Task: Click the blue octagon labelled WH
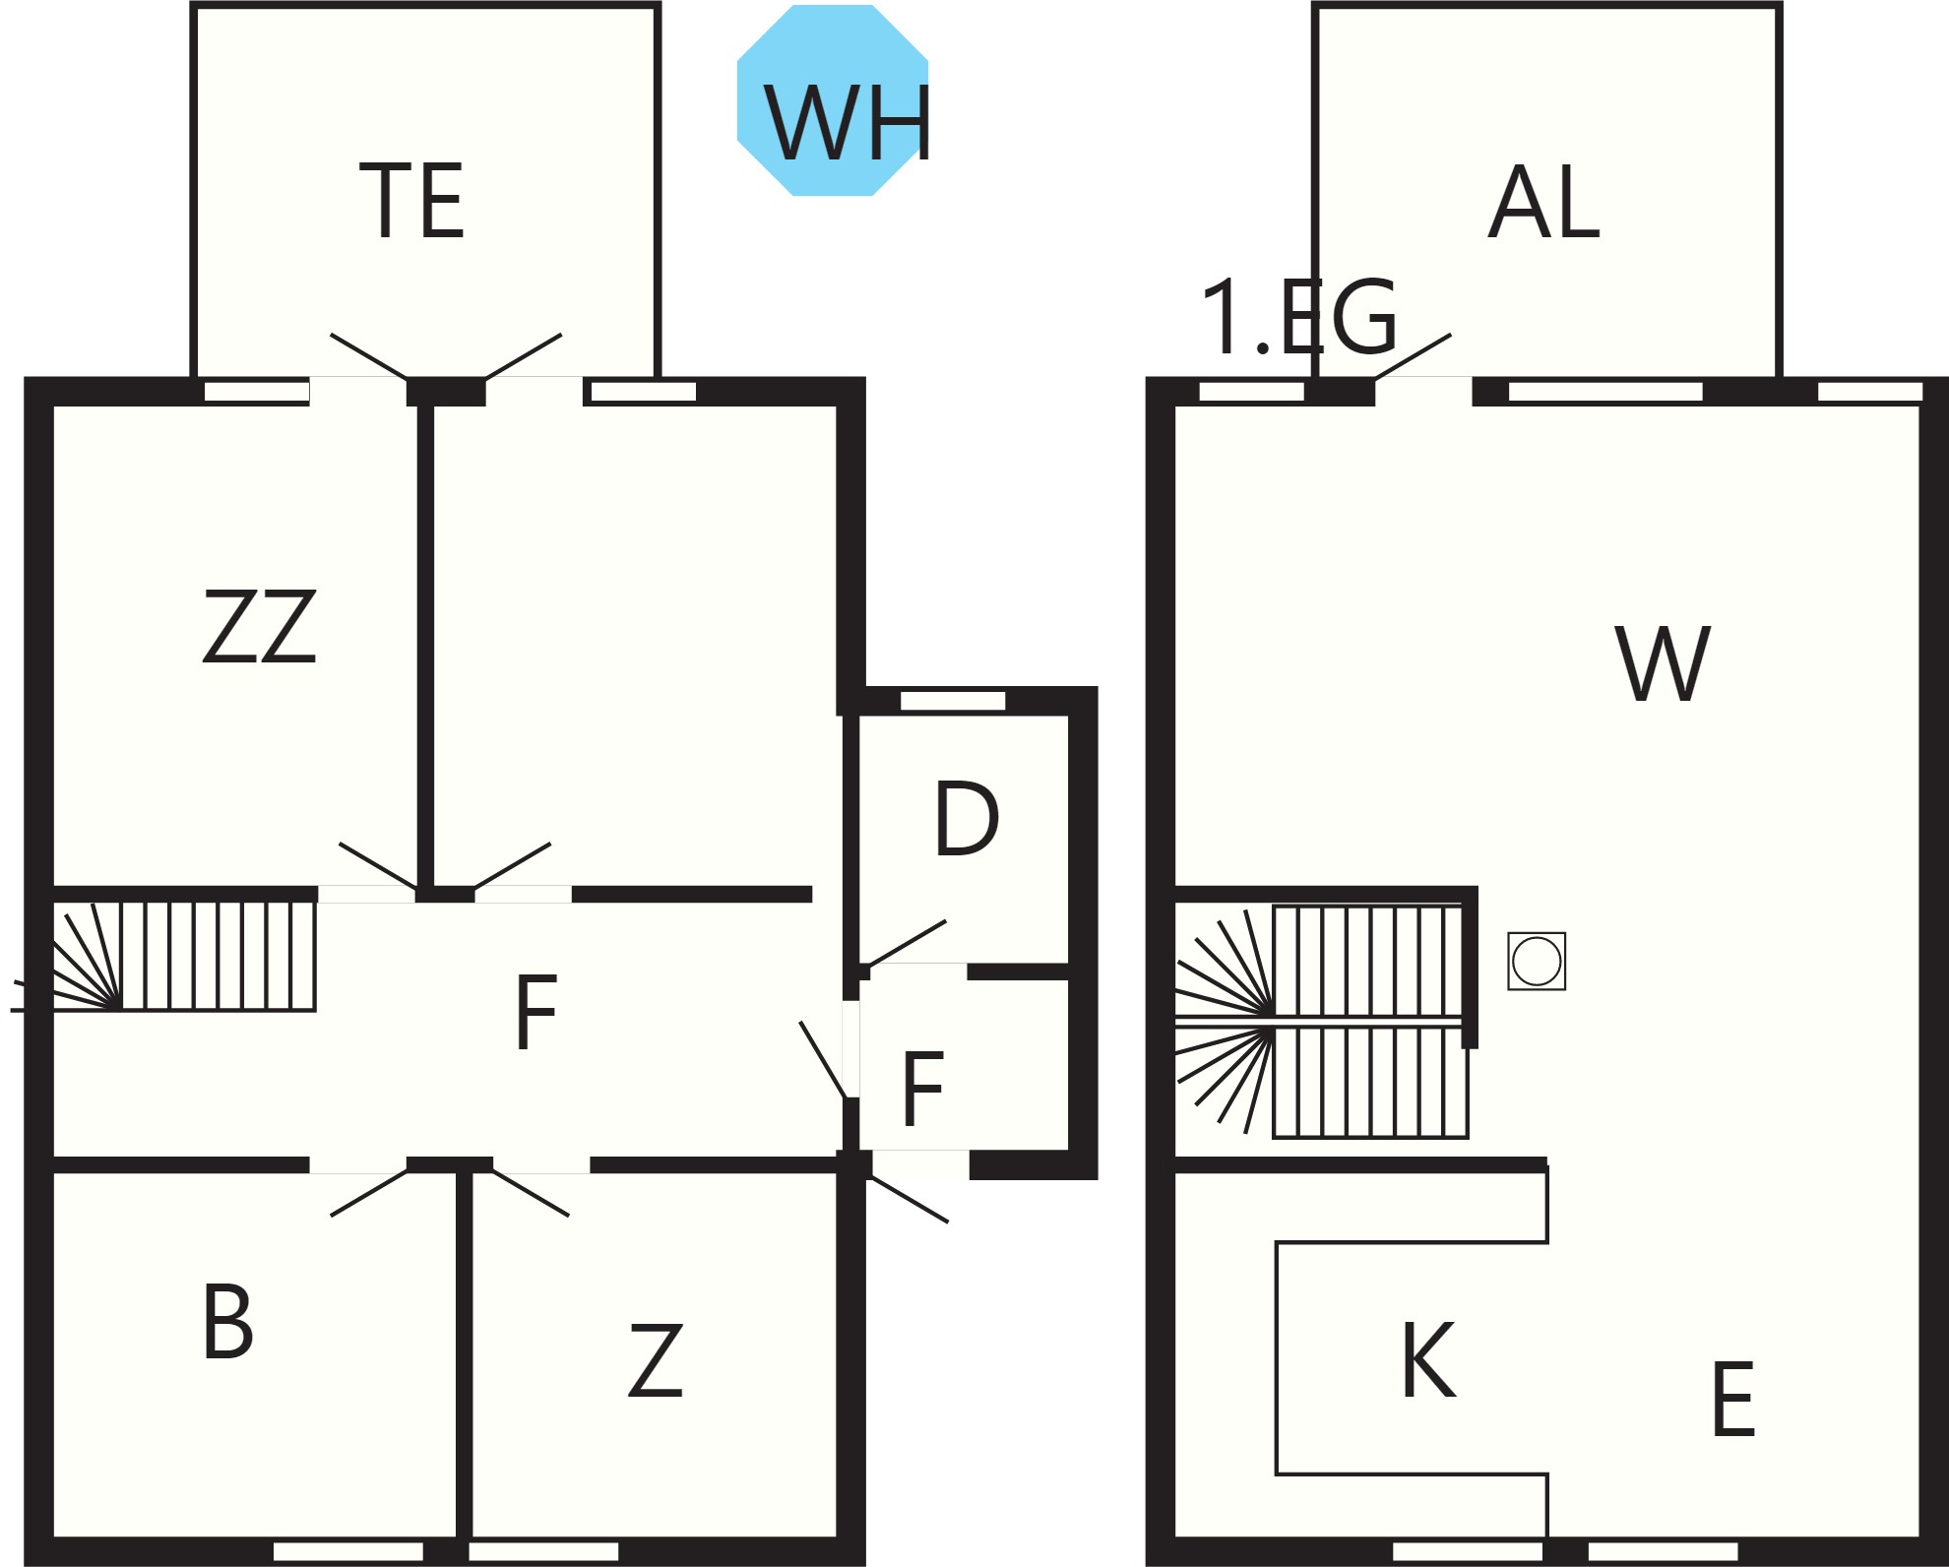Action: (833, 100)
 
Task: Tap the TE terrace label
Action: (412, 202)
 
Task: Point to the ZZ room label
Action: (260, 626)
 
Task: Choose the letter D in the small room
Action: (967, 818)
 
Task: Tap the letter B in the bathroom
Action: (227, 1322)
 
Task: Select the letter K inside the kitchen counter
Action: (1428, 1359)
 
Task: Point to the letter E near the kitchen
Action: (1733, 1399)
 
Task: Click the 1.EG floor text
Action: (1299, 318)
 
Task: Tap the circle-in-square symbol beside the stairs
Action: (1537, 961)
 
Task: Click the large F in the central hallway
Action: (536, 1012)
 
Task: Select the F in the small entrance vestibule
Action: (922, 1089)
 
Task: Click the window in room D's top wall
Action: (953, 701)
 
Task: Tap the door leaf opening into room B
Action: (369, 1193)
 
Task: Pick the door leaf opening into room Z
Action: (531, 1193)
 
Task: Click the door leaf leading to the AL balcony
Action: (1413, 355)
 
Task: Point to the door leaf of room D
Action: (907, 942)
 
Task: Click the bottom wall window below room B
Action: (348, 1551)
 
